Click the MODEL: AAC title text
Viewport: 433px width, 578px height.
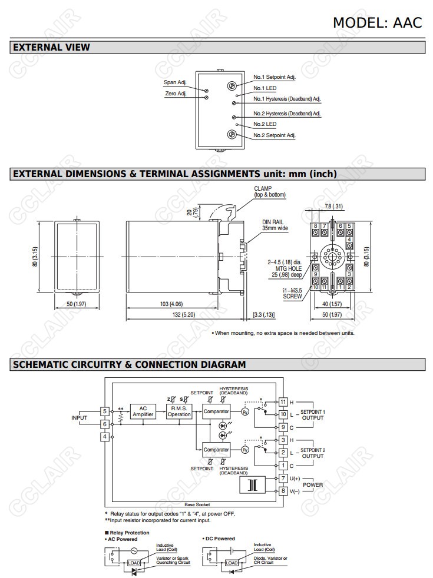[x=378, y=22]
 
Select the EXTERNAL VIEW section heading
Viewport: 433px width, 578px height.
[x=51, y=47]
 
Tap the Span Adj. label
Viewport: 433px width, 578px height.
[x=175, y=82]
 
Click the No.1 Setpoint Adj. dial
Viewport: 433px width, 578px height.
[x=232, y=86]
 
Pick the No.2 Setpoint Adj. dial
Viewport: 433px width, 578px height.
[x=232, y=135]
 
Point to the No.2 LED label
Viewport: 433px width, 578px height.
[x=265, y=125]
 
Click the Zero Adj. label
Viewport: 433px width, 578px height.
[x=175, y=94]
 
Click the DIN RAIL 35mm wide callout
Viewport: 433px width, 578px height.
[x=275, y=225]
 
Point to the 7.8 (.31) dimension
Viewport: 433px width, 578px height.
[x=333, y=207]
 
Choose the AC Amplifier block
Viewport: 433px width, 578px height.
[x=143, y=411]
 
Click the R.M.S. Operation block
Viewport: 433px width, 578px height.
[x=179, y=411]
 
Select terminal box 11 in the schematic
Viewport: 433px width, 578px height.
[x=283, y=402]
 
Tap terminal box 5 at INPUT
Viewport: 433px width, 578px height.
[x=105, y=411]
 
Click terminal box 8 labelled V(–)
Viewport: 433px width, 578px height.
[x=283, y=490]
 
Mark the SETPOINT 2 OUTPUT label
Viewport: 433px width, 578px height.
[x=312, y=453]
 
